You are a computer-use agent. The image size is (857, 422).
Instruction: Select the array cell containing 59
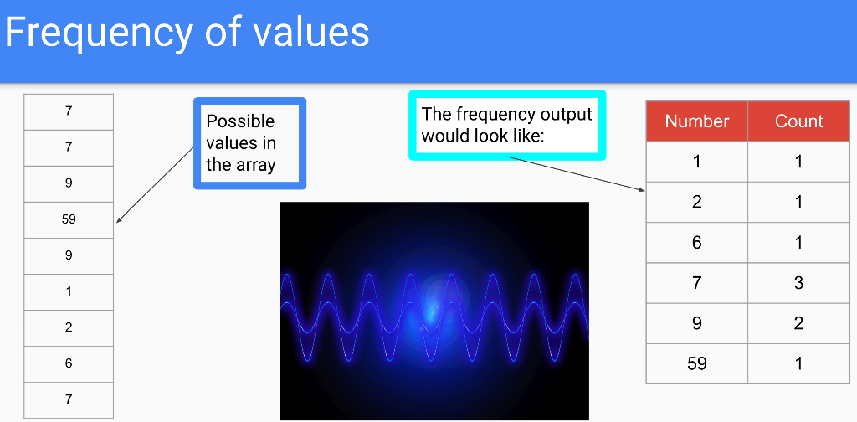[69, 219]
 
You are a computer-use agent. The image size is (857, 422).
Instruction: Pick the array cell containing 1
[69, 291]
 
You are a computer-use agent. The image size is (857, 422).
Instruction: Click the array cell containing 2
[69, 327]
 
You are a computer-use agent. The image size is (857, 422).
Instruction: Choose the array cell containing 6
[69, 363]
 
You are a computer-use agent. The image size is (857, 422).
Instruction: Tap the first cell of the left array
[69, 111]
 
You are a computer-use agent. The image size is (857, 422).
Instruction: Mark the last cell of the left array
[69, 399]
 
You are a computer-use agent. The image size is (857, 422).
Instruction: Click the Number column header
[696, 121]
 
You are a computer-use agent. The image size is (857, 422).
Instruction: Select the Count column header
[798, 121]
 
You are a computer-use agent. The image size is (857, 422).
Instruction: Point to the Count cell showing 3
[798, 283]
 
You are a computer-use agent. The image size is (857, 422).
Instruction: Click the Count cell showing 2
[798, 323]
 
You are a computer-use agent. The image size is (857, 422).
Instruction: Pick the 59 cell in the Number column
[696, 363]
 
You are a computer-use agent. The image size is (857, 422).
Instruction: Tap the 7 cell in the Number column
[696, 283]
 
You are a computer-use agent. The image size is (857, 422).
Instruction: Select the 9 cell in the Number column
[696, 323]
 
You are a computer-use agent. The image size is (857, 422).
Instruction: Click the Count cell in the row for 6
[798, 243]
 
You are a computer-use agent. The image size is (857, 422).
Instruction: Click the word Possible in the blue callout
[240, 121]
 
